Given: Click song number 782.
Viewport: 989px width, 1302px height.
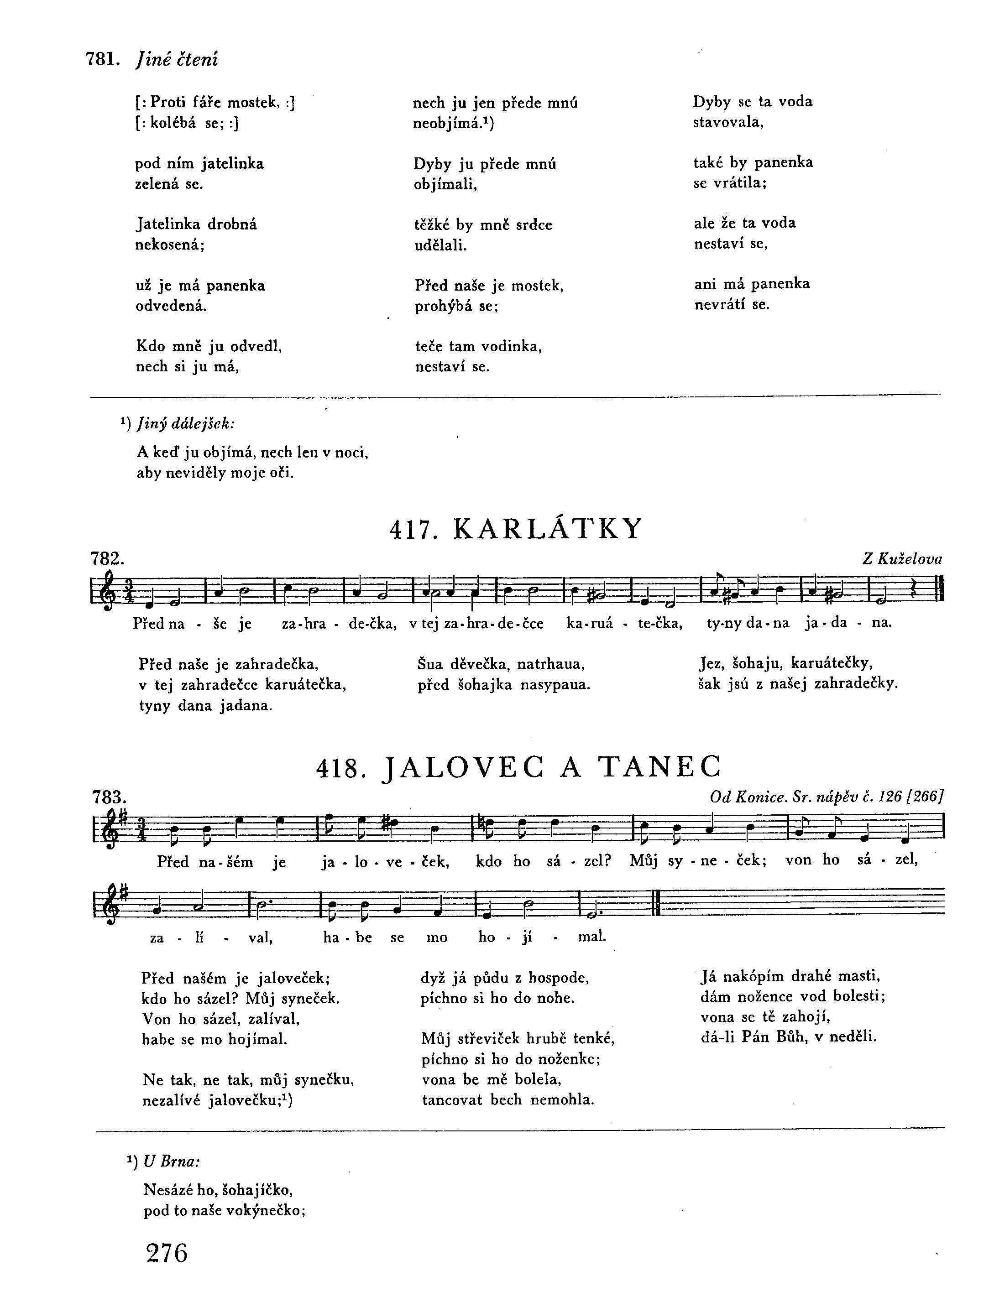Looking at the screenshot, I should (106, 558).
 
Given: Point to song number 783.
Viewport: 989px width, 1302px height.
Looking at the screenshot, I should (109, 797).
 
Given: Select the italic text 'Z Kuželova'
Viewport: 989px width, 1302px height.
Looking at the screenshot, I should (902, 558).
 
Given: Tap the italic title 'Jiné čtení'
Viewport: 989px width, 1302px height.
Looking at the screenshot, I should (176, 59).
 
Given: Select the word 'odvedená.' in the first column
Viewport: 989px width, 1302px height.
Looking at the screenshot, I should (171, 306).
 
